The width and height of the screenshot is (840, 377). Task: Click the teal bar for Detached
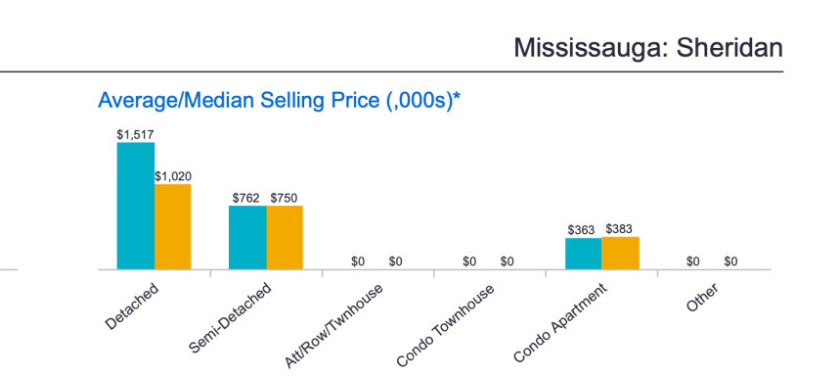click(x=136, y=206)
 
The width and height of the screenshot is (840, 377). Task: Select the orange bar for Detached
click(x=173, y=227)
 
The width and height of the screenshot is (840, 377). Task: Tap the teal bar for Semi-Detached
click(x=247, y=238)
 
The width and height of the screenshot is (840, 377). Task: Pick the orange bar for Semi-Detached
click(x=285, y=238)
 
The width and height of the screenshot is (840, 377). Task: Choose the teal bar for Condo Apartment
click(x=584, y=254)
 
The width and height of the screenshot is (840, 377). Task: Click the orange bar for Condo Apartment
click(x=620, y=253)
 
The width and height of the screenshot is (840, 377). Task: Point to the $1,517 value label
click(x=136, y=135)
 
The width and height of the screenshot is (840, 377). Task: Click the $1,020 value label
click(x=173, y=176)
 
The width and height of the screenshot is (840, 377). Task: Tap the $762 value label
click(x=245, y=198)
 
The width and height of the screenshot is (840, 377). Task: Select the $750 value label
click(x=284, y=198)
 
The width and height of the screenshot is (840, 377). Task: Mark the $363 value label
click(x=581, y=230)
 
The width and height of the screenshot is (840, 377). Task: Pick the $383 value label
click(x=619, y=229)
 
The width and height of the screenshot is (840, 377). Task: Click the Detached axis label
click(x=132, y=306)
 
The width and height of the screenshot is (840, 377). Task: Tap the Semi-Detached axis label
click(x=231, y=318)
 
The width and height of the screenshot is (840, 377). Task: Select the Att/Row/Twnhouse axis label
click(x=334, y=326)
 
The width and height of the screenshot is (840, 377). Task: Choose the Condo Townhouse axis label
click(x=446, y=326)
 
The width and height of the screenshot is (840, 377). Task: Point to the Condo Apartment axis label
click(x=560, y=324)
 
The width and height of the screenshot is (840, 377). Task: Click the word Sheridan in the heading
click(x=729, y=48)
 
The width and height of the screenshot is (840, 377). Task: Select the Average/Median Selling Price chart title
click(x=279, y=100)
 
